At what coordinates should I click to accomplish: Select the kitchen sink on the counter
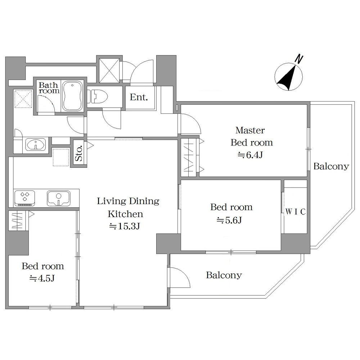click(x=59, y=198)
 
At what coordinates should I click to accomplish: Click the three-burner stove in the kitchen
click(x=24, y=198)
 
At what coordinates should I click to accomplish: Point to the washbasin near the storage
click(x=36, y=145)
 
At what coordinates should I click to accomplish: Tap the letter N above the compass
click(x=299, y=59)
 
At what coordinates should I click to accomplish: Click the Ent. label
click(x=139, y=97)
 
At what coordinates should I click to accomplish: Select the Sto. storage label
click(x=78, y=153)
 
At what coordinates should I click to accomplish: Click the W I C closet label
click(x=296, y=211)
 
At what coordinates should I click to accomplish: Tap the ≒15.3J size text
click(x=125, y=226)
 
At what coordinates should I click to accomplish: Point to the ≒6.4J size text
click(x=250, y=155)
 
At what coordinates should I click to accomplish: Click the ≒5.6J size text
click(x=229, y=220)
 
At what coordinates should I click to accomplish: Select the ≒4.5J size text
click(x=42, y=279)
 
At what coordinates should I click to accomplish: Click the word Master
click(x=250, y=130)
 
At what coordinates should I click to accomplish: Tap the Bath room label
click(x=49, y=88)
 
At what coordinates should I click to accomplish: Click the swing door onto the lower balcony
click(x=180, y=278)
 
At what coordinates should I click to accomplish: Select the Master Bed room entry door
click(x=190, y=124)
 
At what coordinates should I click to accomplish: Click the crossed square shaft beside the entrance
click(x=109, y=70)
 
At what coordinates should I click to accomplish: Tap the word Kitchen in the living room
click(x=125, y=214)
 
